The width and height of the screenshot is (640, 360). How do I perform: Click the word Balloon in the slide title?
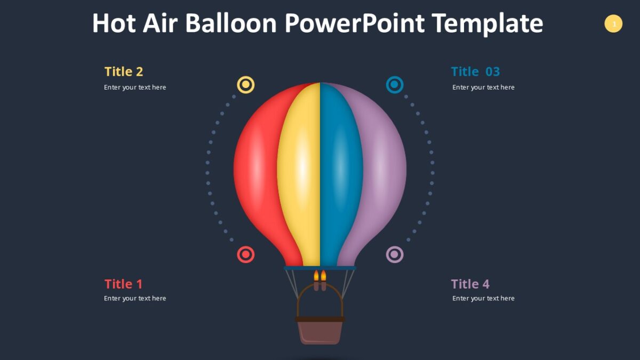(x=231, y=23)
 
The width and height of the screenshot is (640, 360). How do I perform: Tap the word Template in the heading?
(x=487, y=23)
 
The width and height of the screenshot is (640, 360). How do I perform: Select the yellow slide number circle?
(x=613, y=23)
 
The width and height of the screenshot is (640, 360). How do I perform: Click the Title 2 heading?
(x=124, y=71)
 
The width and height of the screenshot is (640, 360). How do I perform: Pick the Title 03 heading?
(x=475, y=71)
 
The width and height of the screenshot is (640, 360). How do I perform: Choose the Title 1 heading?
(x=124, y=284)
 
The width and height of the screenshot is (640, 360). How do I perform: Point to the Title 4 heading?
(x=470, y=284)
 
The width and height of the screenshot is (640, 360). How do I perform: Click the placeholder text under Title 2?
(x=135, y=87)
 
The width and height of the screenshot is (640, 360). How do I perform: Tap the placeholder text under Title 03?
(x=483, y=87)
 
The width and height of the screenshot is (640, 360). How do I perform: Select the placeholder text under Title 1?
(x=135, y=299)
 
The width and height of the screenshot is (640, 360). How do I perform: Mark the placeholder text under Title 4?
(x=483, y=299)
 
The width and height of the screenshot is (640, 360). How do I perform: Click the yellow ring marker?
(x=245, y=85)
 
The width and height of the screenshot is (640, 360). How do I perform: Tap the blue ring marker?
(x=395, y=85)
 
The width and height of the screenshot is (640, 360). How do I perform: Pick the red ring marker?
(x=245, y=254)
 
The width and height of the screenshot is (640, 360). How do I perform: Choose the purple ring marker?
(x=395, y=254)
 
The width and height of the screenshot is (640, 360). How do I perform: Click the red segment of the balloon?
(x=256, y=171)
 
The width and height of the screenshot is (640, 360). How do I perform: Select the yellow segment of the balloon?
(x=300, y=171)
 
